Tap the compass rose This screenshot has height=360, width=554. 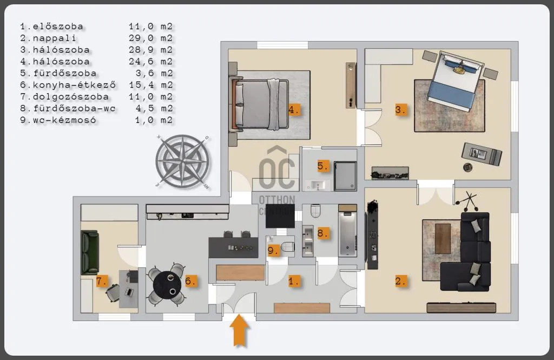(x=183, y=161)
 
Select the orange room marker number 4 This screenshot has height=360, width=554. (x=294, y=110)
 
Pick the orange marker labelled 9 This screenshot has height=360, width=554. (x=273, y=250)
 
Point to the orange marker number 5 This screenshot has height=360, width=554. (x=323, y=166)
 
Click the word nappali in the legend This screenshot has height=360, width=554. (x=54, y=38)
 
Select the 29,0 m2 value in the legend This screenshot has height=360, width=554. (x=150, y=38)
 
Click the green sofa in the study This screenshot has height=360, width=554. (x=89, y=252)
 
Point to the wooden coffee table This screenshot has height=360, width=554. (x=443, y=239)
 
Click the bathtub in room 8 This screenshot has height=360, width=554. (x=347, y=233)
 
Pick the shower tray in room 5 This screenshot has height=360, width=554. (x=345, y=176)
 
